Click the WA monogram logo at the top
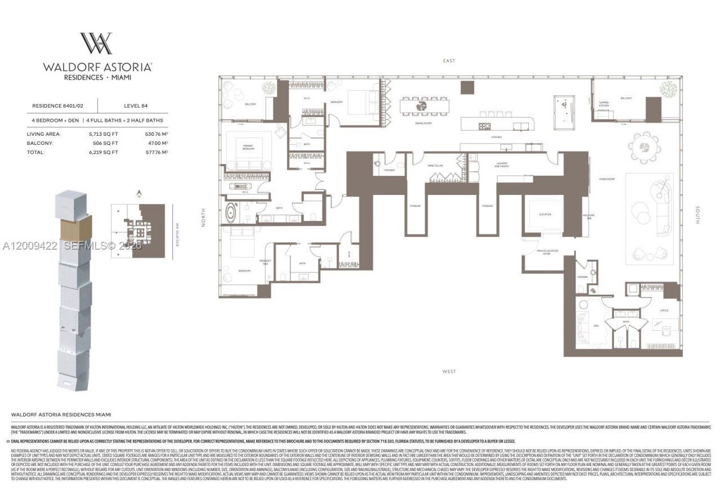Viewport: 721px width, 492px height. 96,43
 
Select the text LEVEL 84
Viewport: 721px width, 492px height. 136,105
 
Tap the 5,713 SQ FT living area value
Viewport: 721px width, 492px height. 103,134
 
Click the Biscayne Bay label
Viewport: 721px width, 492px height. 170,231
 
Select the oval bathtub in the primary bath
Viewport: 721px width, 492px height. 232,214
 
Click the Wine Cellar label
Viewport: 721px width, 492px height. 433,166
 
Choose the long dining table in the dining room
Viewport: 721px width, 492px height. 425,106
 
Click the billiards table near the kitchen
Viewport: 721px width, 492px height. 563,105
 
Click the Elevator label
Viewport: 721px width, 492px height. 544,215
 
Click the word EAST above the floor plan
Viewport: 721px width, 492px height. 448,61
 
